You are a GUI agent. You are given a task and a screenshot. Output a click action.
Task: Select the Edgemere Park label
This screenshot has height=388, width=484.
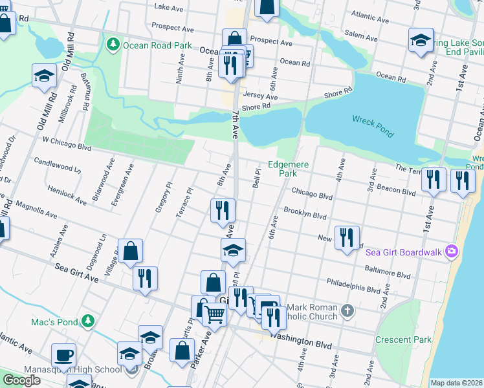click(x=289, y=169)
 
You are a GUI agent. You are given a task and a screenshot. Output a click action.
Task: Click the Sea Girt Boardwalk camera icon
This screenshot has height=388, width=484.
click(x=452, y=251)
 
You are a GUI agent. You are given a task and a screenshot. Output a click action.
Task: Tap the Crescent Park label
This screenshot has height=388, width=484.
click(x=402, y=339)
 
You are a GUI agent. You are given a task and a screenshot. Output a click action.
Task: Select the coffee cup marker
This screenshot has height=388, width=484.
click(x=64, y=354)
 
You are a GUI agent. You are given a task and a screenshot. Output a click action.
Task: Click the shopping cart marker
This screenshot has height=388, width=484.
click(x=215, y=314)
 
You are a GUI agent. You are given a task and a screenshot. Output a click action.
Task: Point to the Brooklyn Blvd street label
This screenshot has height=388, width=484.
click(x=305, y=213)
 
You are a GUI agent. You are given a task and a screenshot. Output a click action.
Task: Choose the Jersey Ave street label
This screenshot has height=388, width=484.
click(x=260, y=95)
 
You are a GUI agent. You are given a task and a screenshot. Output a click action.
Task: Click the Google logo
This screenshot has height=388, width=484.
click(x=21, y=380)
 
